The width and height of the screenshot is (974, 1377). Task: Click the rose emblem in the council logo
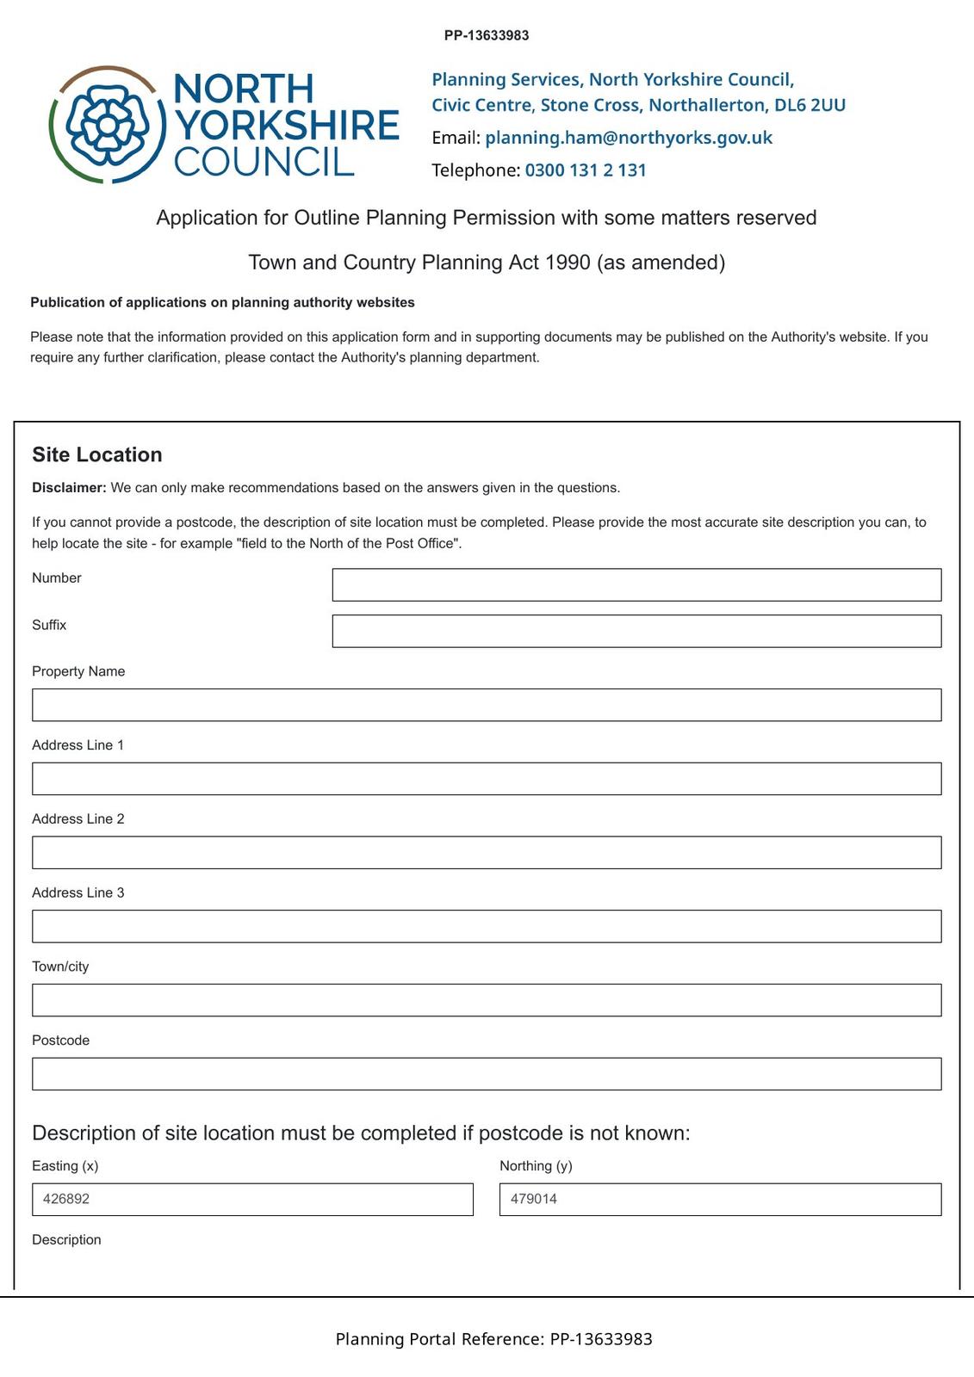pyautogui.click(x=107, y=126)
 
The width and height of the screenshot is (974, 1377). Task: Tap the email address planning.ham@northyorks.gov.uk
pyautogui.click(x=629, y=138)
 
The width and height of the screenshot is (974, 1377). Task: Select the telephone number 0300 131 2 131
pyautogui.click(x=586, y=170)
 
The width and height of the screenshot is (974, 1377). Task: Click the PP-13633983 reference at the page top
pyautogui.click(x=487, y=36)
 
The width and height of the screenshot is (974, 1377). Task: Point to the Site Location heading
pyautogui.click(x=97, y=454)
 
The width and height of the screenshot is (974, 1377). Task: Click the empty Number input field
pyautogui.click(x=636, y=585)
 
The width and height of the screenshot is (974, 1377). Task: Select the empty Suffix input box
pyautogui.click(x=636, y=632)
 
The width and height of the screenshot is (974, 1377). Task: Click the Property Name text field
pyautogui.click(x=487, y=705)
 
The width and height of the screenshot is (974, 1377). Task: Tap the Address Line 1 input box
pyautogui.click(x=487, y=779)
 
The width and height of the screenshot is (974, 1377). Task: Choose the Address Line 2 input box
pyautogui.click(x=487, y=853)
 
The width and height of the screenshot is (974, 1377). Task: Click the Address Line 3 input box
pyautogui.click(x=487, y=927)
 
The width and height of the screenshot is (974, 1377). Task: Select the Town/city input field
pyautogui.click(x=487, y=1001)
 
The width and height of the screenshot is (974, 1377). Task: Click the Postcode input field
pyautogui.click(x=487, y=1074)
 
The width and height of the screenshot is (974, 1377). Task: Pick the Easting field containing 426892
pyautogui.click(x=252, y=1200)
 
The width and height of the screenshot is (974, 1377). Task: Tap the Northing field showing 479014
pyautogui.click(x=720, y=1200)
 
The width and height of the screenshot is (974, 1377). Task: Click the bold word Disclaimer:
pyautogui.click(x=69, y=488)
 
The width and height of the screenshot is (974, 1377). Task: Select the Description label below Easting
pyautogui.click(x=66, y=1240)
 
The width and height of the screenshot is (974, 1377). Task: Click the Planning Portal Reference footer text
pyautogui.click(x=493, y=1339)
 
